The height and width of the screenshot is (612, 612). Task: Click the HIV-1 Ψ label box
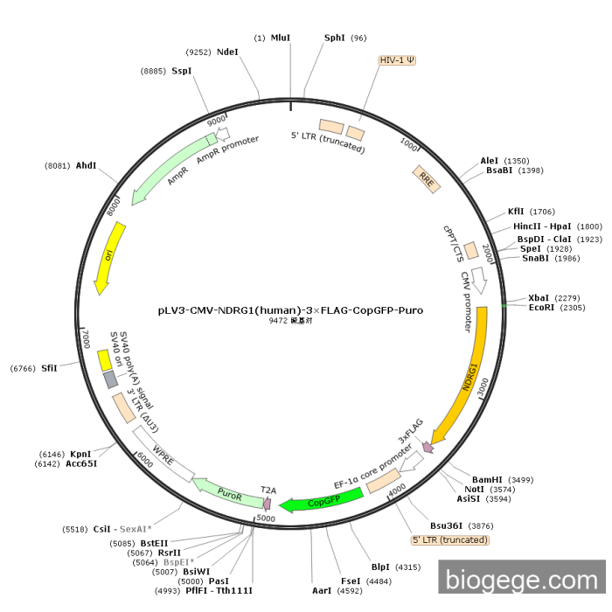pyautogui.click(x=397, y=60)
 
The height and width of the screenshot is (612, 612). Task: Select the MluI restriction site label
pyautogui.click(x=281, y=38)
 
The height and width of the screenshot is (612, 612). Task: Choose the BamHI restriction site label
pyautogui.click(x=487, y=480)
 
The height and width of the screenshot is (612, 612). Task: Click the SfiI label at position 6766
pyautogui.click(x=49, y=368)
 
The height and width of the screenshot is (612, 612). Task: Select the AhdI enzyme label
pyautogui.click(x=87, y=165)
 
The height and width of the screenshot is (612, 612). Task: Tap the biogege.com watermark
pyautogui.click(x=522, y=580)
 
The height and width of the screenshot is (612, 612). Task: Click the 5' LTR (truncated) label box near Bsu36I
pyautogui.click(x=449, y=540)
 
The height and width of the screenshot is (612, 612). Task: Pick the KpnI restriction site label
pyautogui.click(x=80, y=454)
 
